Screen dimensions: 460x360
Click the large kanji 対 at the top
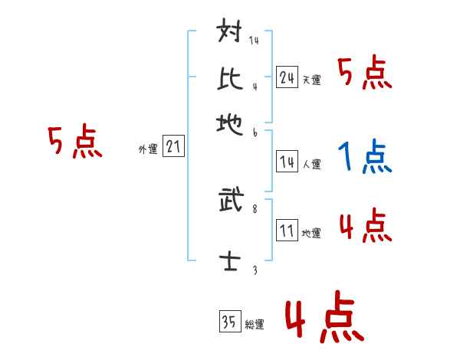230,34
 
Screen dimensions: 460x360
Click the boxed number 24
287,77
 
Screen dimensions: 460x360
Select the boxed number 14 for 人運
287,161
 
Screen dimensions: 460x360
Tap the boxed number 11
287,231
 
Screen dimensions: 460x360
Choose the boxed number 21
174,147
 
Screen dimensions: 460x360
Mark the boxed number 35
228,321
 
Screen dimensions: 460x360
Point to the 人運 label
311,164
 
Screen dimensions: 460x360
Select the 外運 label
148,150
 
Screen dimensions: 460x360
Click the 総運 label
254,324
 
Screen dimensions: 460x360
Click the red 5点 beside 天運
364,74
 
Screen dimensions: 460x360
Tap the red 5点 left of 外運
74,143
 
